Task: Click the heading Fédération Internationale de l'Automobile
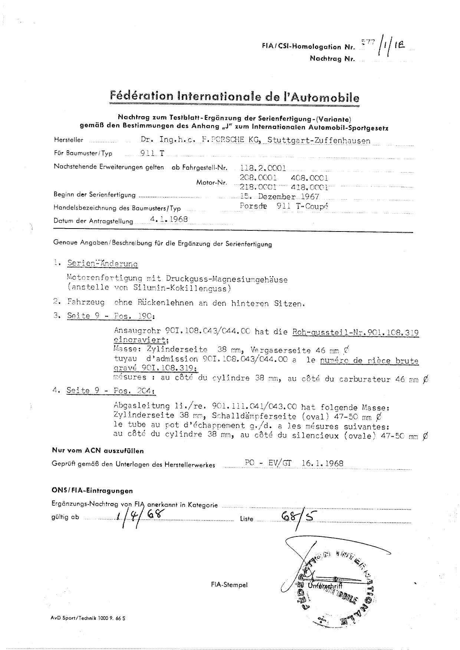(x=234, y=97)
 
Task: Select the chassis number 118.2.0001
(x=263, y=168)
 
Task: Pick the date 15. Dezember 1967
(x=280, y=197)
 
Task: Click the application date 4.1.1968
(x=169, y=219)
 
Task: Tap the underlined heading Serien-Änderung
(x=102, y=264)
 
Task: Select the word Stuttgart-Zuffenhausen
(x=319, y=140)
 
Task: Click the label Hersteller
(x=69, y=140)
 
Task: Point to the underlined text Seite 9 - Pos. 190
(x=110, y=316)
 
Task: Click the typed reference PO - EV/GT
(x=268, y=463)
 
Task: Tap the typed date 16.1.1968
(x=322, y=463)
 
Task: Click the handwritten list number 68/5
(x=296, y=516)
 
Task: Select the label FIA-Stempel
(x=229, y=585)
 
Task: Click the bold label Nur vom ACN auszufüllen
(x=98, y=451)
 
